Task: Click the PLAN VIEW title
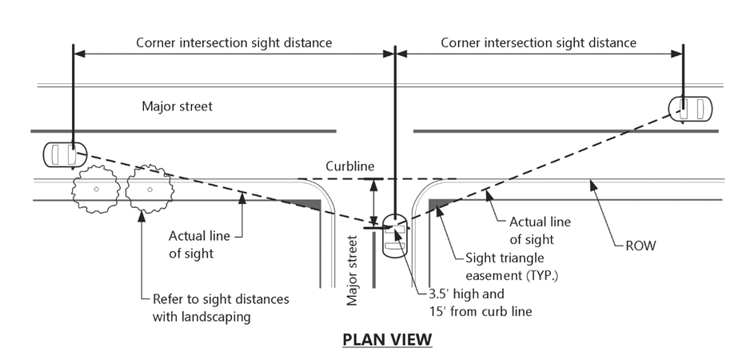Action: pyautogui.click(x=387, y=339)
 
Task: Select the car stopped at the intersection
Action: pyautogui.click(x=395, y=234)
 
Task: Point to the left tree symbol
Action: pyautogui.click(x=96, y=190)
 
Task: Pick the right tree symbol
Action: pyautogui.click(x=149, y=190)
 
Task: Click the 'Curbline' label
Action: pyautogui.click(x=349, y=166)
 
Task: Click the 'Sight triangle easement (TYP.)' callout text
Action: pyautogui.click(x=517, y=266)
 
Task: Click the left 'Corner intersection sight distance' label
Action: pyautogui.click(x=233, y=42)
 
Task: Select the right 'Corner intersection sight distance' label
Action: pyautogui.click(x=539, y=42)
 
